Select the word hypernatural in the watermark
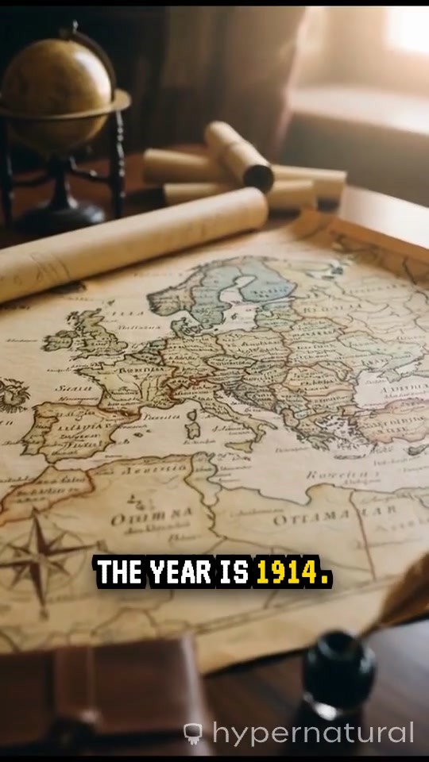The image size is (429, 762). (x=313, y=733)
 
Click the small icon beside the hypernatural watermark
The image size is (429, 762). (x=193, y=733)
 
